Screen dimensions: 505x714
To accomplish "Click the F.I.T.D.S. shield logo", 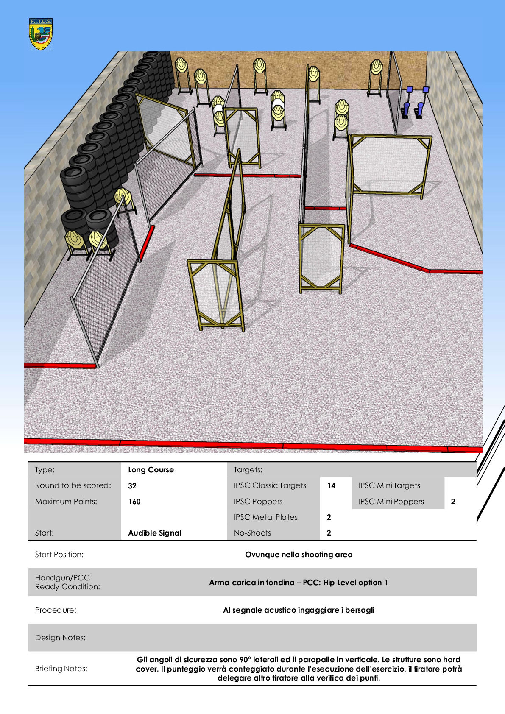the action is pyautogui.click(x=40, y=34).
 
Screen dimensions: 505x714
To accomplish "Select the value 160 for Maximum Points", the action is pyautogui.click(x=134, y=502).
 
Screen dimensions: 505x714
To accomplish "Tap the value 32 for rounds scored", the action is pyautogui.click(x=132, y=486).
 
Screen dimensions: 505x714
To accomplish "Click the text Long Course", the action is pyautogui.click(x=151, y=469).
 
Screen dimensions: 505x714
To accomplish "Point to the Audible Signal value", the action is pyautogui.click(x=155, y=533).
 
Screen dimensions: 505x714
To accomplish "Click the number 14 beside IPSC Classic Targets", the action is pyautogui.click(x=331, y=486).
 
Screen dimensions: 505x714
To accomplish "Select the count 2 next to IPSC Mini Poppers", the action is pyautogui.click(x=453, y=502).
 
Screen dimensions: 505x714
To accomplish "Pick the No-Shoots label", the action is pyautogui.click(x=252, y=533).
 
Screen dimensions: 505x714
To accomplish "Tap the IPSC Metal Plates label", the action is pyautogui.click(x=265, y=517).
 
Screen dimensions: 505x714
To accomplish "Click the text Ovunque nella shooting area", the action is pyautogui.click(x=299, y=555).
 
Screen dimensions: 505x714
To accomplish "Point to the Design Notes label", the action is pyautogui.click(x=60, y=638).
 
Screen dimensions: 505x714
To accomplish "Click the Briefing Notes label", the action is pyautogui.click(x=61, y=668).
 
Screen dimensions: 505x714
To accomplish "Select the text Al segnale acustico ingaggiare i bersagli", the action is pyautogui.click(x=299, y=610).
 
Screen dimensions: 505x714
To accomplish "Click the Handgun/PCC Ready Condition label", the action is pyautogui.click(x=67, y=582).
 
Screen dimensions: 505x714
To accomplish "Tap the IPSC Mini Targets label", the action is pyautogui.click(x=389, y=485).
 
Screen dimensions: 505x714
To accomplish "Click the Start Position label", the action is pyautogui.click(x=59, y=555).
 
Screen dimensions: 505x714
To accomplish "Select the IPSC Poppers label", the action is pyautogui.click(x=258, y=502).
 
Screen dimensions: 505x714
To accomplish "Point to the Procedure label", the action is pyautogui.click(x=56, y=610).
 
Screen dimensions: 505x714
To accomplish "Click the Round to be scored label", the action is pyautogui.click(x=73, y=485).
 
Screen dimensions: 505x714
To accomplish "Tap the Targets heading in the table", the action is pyautogui.click(x=248, y=470).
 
